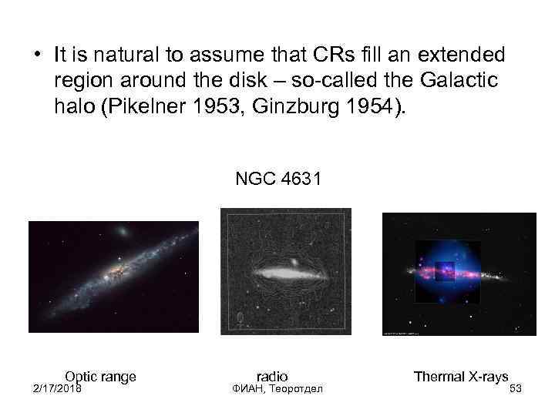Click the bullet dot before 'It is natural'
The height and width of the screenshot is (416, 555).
(36, 55)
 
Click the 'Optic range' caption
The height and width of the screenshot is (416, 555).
(100, 376)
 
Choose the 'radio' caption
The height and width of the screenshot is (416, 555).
(271, 376)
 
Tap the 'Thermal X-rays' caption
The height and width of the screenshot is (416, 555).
(461, 376)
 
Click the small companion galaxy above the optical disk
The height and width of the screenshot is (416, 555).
(122, 231)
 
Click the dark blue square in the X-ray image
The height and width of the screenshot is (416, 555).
(444, 271)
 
